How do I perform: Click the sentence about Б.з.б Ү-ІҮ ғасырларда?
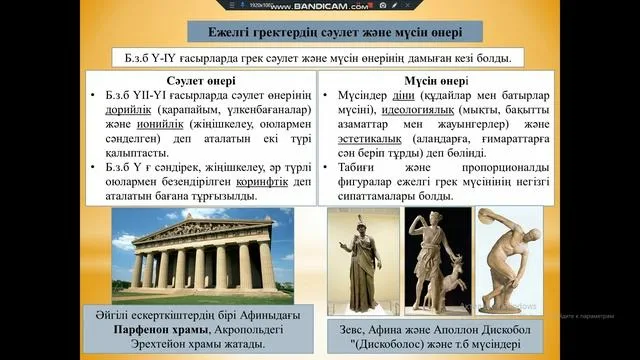point(320,58)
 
